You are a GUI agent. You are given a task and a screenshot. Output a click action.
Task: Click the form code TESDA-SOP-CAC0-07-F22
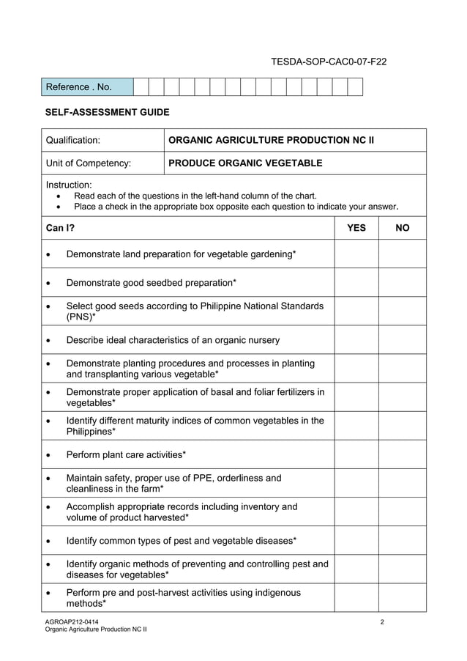point(329,62)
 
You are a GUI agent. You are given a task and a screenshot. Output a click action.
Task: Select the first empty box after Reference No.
point(141,87)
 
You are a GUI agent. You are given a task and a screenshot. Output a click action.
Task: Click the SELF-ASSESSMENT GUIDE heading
point(107,112)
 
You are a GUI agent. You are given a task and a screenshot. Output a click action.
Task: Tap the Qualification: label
point(73,140)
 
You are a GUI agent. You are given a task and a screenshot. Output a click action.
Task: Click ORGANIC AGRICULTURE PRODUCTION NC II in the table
point(271,140)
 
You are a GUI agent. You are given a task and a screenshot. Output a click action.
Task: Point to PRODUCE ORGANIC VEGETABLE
point(245,163)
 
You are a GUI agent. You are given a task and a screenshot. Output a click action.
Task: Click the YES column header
point(356,228)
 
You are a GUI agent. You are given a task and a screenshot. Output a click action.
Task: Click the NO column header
point(402,228)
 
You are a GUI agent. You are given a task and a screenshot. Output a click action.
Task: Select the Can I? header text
point(60,228)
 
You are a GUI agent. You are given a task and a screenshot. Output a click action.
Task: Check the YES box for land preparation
point(356,254)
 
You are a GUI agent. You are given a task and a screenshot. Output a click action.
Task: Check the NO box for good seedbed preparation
point(402,282)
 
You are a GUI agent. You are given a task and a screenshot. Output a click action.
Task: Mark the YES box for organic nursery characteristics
point(356,340)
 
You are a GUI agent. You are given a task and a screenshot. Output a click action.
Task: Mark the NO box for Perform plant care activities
point(402,454)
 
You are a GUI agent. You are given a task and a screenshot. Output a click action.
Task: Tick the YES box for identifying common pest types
point(356,541)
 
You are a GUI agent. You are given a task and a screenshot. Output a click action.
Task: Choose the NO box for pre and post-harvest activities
point(402,597)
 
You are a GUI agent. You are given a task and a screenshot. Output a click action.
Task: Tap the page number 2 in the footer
point(382,622)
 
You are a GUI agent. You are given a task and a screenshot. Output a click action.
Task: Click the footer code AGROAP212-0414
point(71,622)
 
